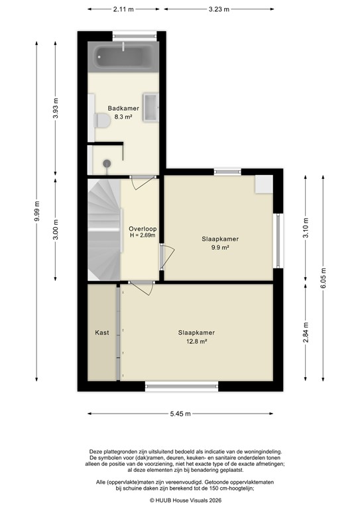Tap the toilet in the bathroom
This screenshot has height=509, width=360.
click(101, 121)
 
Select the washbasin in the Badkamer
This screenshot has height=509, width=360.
click(151, 107)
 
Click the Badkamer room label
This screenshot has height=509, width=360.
click(124, 108)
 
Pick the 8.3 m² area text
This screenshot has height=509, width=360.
click(124, 117)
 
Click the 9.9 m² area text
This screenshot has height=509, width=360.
click(220, 248)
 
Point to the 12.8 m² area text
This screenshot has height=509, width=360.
click(196, 341)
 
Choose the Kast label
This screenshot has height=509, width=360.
click(102, 333)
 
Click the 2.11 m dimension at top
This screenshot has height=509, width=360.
click(123, 9)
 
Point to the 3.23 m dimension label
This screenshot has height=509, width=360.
click(219, 9)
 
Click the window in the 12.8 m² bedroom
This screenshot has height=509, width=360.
click(182, 385)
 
